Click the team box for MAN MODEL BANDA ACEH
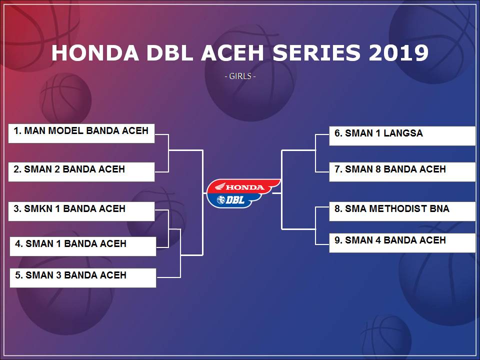81,133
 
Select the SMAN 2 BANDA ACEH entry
81,171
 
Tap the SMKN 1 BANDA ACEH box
81,211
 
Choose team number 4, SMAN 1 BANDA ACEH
83,246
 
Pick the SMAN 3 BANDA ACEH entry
83,277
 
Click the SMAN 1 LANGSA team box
402,136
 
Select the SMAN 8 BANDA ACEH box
402,171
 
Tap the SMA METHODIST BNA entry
402,211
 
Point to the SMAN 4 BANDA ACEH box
402,243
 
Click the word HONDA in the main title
95,52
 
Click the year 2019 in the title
398,52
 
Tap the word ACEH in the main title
232,52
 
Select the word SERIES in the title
316,52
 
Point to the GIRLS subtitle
240,76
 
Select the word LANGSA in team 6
403,133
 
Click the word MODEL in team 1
66,130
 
